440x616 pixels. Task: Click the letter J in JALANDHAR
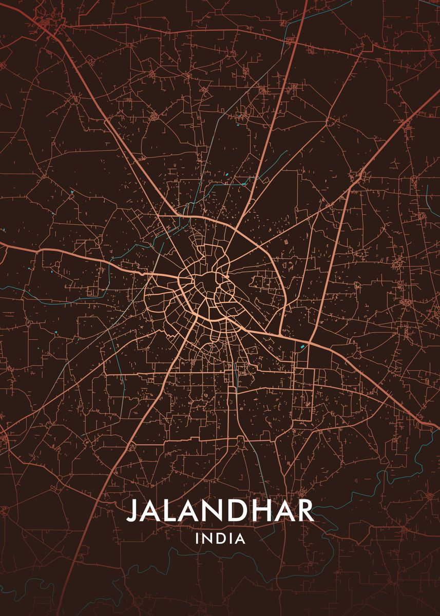click(x=132, y=511)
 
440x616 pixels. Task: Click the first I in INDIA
click(x=197, y=539)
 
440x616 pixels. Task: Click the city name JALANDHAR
click(x=220, y=511)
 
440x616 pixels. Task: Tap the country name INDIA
click(x=220, y=539)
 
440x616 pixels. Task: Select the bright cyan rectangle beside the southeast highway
click(x=302, y=346)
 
